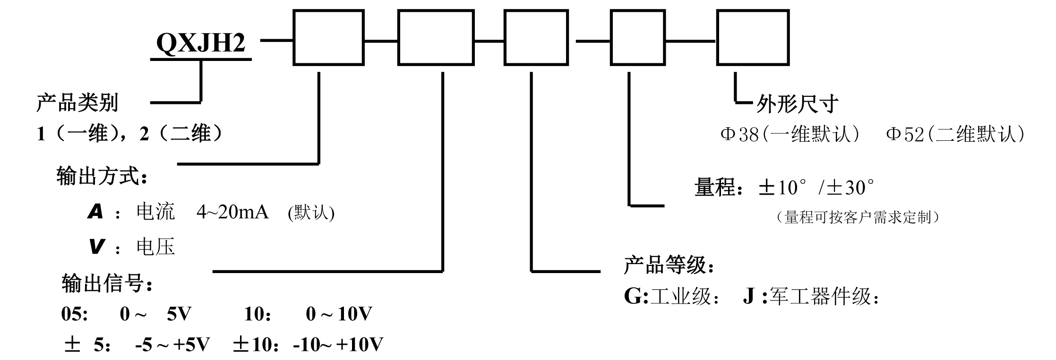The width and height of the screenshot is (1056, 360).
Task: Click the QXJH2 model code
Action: pos(201,43)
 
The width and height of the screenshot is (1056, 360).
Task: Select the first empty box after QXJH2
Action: pos(328,37)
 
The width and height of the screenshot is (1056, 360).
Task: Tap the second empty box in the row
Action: pos(436,37)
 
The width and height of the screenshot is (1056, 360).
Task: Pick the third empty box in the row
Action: pos(536,37)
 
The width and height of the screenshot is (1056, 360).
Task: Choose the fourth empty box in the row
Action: pos(637,37)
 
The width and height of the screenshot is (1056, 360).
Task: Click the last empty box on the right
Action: pos(753,37)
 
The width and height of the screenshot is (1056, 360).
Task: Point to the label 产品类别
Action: pos(77,103)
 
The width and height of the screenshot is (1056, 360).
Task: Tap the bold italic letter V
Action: pos(96,247)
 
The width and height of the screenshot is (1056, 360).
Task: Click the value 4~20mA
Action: pos(232,212)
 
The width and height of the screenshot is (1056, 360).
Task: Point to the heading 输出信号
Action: pos(107,283)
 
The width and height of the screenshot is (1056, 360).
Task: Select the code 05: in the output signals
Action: pos(74,314)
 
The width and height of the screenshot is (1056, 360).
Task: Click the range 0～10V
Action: pos(339,314)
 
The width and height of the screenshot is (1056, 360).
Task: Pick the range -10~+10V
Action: pos(338,345)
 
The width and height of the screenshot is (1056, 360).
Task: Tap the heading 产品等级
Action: pos(668,266)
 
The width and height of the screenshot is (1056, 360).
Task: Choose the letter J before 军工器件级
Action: pos(748,297)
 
